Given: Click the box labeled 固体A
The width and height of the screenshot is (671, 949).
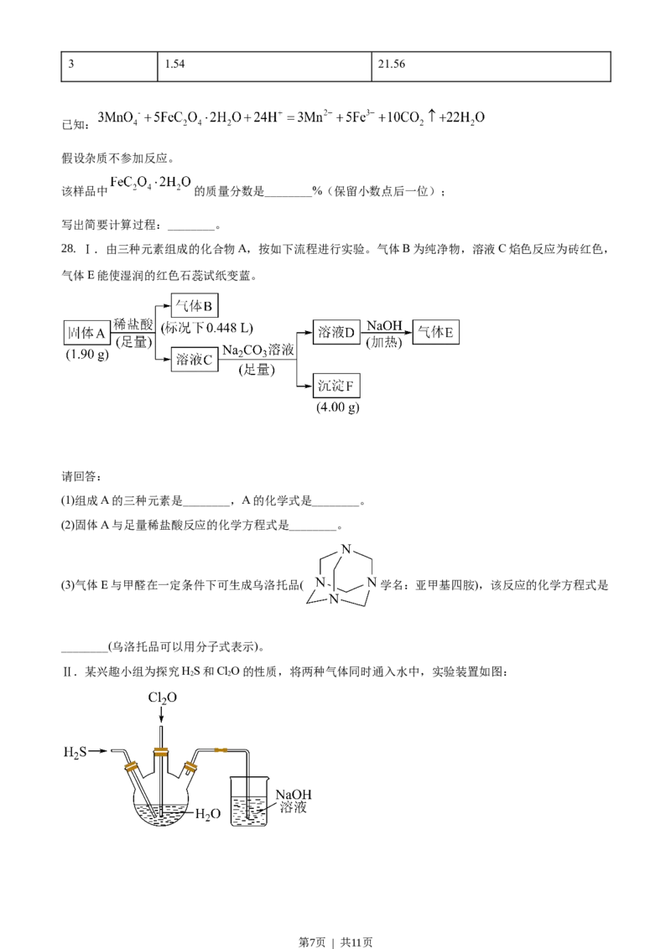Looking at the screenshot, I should [87, 333].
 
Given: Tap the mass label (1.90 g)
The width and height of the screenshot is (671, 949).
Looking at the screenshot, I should [86, 355].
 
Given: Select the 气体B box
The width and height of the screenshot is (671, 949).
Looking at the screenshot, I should [195, 303].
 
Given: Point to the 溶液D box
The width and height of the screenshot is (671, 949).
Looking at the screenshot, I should [335, 334].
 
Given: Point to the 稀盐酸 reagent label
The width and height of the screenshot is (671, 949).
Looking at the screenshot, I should [133, 324].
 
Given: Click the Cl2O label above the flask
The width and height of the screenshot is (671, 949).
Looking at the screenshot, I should [163, 697].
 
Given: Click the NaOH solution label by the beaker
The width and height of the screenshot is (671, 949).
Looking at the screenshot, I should [293, 801].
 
